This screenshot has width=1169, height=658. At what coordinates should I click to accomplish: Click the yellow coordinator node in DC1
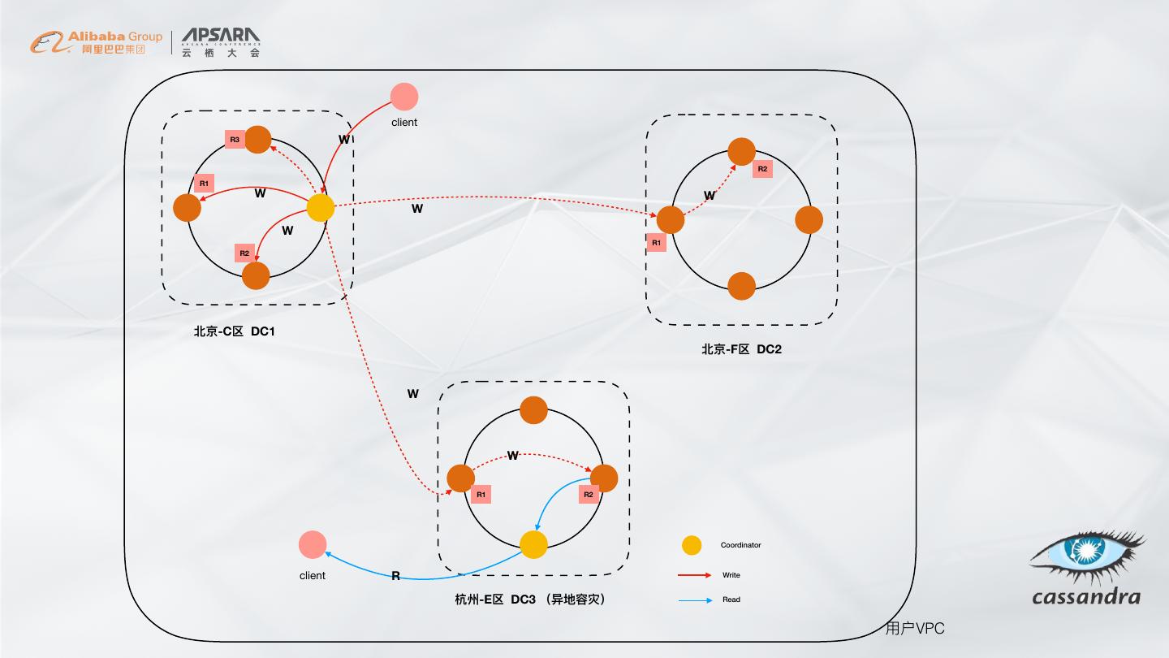coord(321,208)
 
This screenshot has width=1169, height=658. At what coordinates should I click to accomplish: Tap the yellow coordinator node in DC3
coord(533,544)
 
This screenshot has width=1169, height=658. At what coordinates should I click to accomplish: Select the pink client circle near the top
coord(403,97)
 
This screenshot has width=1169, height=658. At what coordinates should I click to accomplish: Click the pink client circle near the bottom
coord(313,545)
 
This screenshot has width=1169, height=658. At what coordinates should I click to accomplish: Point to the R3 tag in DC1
coord(235,140)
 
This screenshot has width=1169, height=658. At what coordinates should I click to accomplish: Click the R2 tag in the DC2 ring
coord(762,169)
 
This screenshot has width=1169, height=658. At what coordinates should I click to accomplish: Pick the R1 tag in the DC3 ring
coord(481,494)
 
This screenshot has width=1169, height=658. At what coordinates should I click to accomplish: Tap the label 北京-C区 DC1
coord(235,331)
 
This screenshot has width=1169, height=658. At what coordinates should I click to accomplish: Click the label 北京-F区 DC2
coord(741,349)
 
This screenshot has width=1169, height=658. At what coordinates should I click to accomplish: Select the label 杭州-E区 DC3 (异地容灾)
coord(530,600)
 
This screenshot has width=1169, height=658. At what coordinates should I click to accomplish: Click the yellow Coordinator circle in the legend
coord(692,545)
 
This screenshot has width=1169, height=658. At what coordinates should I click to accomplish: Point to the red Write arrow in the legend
coord(694,575)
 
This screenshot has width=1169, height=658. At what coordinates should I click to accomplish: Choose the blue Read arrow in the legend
coord(694,600)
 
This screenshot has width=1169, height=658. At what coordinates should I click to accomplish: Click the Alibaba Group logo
coord(97,42)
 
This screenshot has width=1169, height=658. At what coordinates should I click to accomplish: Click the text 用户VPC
coord(915,629)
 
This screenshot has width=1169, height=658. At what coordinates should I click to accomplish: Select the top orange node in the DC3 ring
coord(533,410)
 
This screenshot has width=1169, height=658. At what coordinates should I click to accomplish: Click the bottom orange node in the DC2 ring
coord(741,286)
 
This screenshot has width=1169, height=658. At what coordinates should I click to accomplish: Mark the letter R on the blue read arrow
coord(395,576)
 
